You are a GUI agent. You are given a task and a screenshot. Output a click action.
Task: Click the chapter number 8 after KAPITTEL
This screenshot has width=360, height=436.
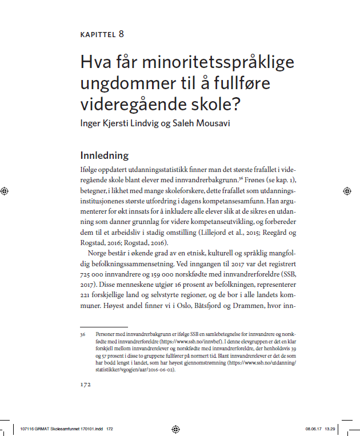(121, 34)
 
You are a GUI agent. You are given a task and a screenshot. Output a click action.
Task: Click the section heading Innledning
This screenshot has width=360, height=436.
(105, 155)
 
